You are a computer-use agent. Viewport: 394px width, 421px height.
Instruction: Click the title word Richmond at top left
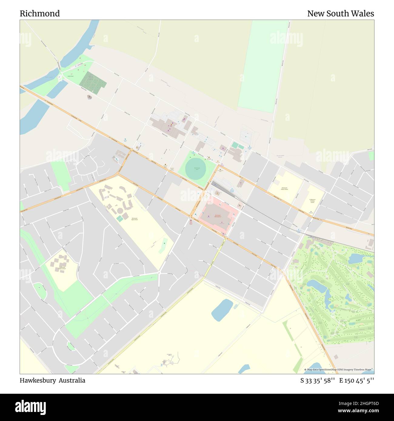coord(40,14)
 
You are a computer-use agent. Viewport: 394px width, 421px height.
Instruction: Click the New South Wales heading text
coord(340,14)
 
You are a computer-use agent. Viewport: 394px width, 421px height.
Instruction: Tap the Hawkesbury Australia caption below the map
coord(52,380)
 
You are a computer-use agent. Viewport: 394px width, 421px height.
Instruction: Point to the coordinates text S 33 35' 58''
coord(317,380)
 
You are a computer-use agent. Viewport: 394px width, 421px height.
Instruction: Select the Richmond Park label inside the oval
coord(197,169)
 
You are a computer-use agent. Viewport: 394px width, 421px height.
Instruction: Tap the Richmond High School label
coord(135,219)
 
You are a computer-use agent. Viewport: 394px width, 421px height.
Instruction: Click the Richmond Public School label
coord(284,189)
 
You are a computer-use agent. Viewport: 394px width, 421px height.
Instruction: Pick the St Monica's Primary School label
coord(312,201)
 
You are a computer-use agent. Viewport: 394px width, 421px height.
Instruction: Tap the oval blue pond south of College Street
coord(222,310)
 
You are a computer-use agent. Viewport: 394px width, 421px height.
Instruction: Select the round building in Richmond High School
coord(120,210)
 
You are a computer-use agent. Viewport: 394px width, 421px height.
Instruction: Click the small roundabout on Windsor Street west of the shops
coord(146,124)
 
